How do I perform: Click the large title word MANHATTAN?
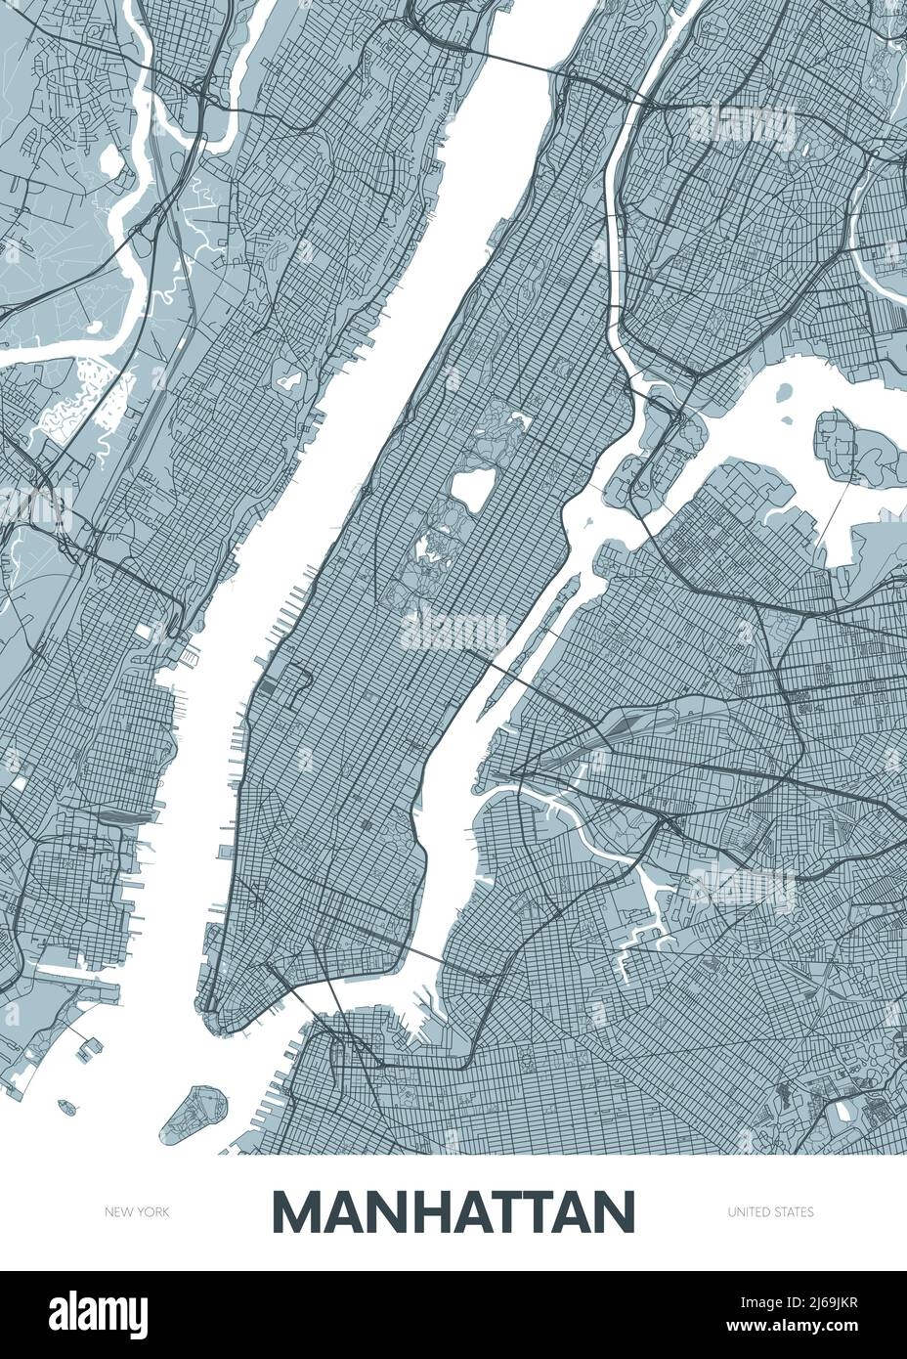click(453, 1212)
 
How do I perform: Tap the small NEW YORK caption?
click(138, 1212)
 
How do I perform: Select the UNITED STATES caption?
click(770, 1212)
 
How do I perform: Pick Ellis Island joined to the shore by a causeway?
click(93, 1044)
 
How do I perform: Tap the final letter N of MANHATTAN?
click(614, 1212)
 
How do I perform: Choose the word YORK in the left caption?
click(153, 1212)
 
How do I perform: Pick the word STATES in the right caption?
click(793, 1212)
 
